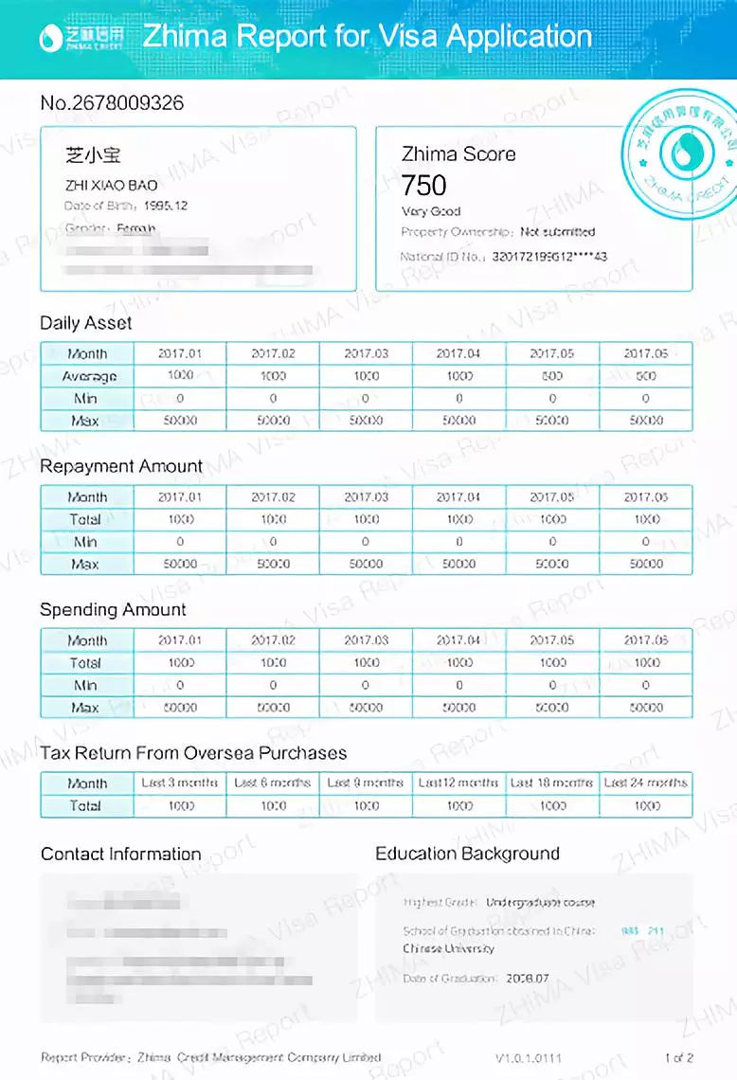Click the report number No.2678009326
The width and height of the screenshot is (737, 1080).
click(x=112, y=102)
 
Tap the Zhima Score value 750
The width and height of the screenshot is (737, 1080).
click(x=423, y=184)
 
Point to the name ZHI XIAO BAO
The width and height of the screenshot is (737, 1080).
click(x=112, y=185)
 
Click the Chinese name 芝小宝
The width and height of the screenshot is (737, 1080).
click(x=93, y=154)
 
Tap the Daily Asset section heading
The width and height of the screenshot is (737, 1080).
click(x=86, y=323)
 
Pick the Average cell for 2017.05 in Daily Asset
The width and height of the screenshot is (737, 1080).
click(x=552, y=375)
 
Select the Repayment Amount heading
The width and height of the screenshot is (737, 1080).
click(x=121, y=466)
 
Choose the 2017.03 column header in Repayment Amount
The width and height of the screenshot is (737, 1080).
click(x=366, y=496)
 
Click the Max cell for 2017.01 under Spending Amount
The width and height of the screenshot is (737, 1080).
click(x=180, y=707)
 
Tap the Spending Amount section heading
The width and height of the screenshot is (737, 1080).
click(x=113, y=609)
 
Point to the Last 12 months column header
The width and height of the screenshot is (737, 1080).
click(x=458, y=783)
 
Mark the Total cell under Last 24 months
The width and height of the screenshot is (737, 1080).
click(x=646, y=805)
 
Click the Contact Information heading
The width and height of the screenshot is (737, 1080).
click(x=121, y=854)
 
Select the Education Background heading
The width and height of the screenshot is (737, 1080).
click(x=467, y=854)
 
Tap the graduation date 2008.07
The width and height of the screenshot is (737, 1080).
click(x=528, y=977)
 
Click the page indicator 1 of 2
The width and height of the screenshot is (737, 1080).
click(x=679, y=1056)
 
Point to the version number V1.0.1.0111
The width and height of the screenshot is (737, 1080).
click(x=529, y=1056)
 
